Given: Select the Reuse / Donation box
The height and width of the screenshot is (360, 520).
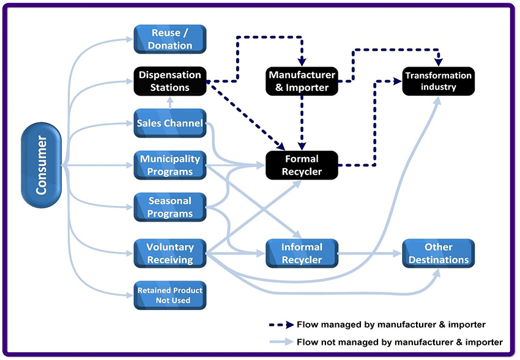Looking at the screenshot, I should (170, 39).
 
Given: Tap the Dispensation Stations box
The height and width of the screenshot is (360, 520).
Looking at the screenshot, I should (170, 81).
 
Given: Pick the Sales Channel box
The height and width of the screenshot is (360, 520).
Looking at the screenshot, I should (170, 123).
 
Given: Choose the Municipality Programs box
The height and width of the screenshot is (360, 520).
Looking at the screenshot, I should (170, 166).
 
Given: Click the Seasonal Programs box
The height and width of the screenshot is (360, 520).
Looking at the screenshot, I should (170, 207).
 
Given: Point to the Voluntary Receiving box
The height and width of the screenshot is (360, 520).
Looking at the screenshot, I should (170, 254).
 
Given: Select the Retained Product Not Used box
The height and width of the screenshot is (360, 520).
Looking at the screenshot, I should (170, 295).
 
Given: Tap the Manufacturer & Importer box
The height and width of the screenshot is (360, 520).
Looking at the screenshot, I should (302, 81).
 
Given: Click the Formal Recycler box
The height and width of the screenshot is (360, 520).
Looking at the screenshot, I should (302, 166).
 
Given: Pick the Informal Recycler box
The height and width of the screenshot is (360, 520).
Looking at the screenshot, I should (302, 254).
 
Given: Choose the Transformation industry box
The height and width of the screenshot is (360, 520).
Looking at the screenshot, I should (438, 81).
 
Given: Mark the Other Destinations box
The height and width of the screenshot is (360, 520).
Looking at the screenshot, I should (438, 254).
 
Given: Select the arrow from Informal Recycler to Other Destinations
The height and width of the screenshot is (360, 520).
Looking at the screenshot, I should (370, 254).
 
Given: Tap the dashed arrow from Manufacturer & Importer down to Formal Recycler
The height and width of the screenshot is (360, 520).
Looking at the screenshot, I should (302, 122).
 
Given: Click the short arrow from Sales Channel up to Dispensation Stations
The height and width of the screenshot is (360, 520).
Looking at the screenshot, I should (170, 103).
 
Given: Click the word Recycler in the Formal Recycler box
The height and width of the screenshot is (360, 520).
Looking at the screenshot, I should (302, 172).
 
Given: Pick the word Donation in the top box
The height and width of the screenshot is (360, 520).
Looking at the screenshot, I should (170, 46).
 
